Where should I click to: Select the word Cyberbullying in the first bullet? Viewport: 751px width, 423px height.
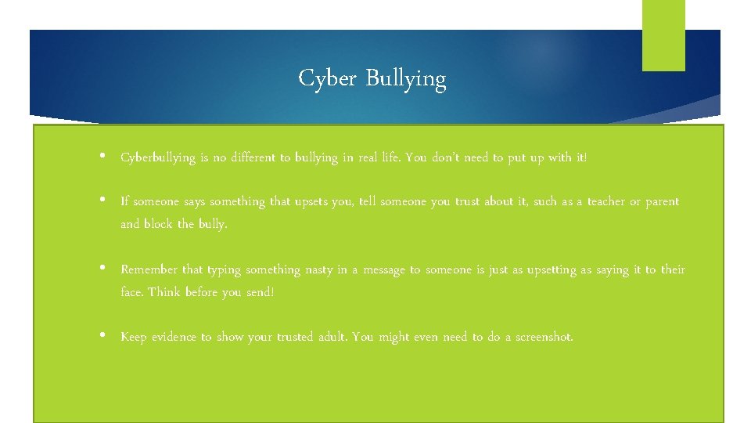click(x=158, y=158)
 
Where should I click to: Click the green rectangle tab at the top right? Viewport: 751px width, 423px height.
click(x=663, y=35)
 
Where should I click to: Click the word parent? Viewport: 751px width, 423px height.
click(x=662, y=202)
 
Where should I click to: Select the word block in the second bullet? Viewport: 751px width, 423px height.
click(x=159, y=224)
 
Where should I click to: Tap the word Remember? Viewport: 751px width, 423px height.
click(x=149, y=269)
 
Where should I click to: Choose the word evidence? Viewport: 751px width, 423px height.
click(x=173, y=337)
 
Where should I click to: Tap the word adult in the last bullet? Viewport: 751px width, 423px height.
click(x=333, y=337)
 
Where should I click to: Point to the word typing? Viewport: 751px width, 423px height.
click(x=225, y=270)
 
